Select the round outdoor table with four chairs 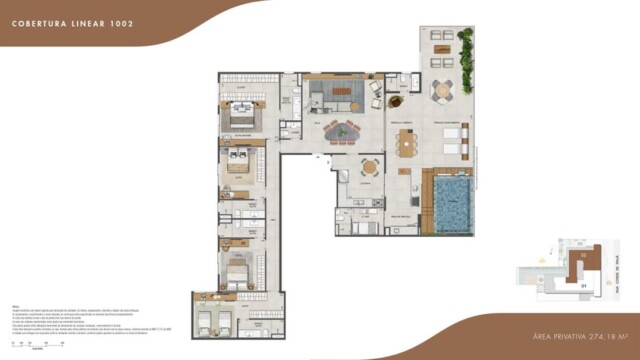coord(442,91)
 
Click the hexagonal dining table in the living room coord(345,130)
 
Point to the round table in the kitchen coord(371,168)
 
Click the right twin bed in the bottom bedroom coord(225,320)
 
